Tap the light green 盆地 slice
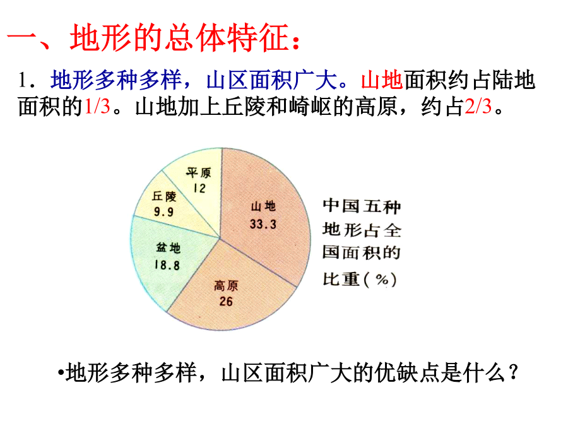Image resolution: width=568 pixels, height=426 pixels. (170, 257)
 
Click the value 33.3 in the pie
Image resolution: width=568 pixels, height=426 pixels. (263, 224)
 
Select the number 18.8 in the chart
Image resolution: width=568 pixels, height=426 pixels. (167, 265)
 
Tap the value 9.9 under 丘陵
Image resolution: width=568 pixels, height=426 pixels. (163, 212)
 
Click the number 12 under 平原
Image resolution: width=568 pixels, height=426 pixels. (199, 188)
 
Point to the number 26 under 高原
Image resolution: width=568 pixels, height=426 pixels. (226, 302)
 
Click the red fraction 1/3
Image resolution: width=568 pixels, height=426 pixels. (97, 107)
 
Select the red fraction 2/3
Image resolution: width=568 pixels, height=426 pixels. (478, 107)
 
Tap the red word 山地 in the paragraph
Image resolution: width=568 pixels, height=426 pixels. (382, 80)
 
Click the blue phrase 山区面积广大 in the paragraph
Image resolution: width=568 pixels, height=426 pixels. (271, 80)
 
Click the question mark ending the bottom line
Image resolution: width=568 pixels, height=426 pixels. (513, 372)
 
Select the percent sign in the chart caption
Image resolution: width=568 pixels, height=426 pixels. (382, 280)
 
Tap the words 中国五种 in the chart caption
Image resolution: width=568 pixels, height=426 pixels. (362, 206)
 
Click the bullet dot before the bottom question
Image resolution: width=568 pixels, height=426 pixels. (61, 372)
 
